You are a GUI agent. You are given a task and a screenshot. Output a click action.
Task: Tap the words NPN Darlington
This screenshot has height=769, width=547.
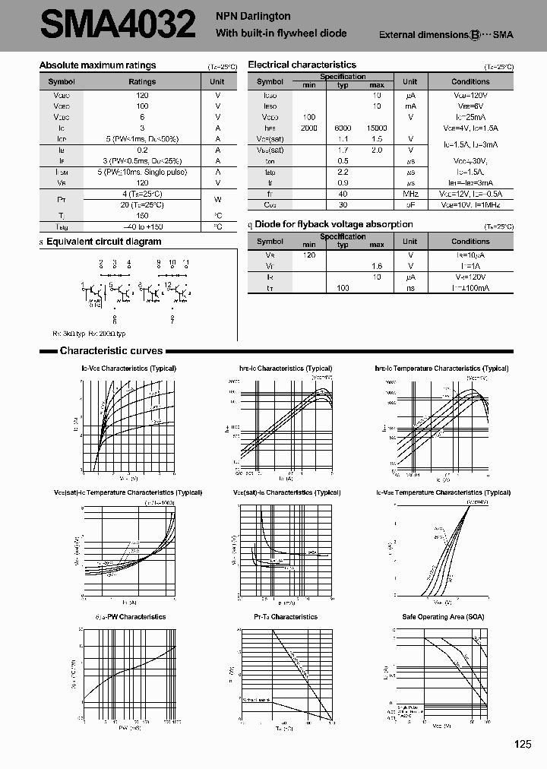pyautogui.click(x=253, y=16)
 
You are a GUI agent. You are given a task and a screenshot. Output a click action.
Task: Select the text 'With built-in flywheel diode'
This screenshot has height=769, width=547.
pyautogui.click(x=281, y=33)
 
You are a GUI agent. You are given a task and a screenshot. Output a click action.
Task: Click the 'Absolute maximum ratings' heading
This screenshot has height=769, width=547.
pyautogui.click(x=97, y=66)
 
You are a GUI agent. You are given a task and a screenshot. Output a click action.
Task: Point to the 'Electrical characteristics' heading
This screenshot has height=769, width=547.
pyautogui.click(x=302, y=65)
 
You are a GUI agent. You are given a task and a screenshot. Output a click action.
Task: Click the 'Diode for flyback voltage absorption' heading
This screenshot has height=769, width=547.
pyautogui.click(x=334, y=225)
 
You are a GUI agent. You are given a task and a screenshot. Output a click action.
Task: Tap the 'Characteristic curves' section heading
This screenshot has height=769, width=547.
pyautogui.click(x=111, y=351)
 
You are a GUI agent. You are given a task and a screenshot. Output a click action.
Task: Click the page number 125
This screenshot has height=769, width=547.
pyautogui.click(x=522, y=745)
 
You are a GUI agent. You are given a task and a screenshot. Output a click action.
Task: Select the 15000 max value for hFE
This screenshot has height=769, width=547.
pyautogui.click(x=377, y=128)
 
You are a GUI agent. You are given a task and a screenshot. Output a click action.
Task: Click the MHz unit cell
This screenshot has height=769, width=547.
pyautogui.click(x=409, y=194)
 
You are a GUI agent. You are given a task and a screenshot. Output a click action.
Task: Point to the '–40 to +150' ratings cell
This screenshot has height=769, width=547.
pyautogui.click(x=142, y=226)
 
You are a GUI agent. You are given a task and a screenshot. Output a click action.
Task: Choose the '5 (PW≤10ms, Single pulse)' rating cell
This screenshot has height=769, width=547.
pyautogui.click(x=142, y=172)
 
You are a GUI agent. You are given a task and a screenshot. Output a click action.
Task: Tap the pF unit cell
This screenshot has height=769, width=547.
pyautogui.click(x=409, y=205)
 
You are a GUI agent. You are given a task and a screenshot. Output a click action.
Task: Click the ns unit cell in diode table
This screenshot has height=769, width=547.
pyautogui.click(x=409, y=289)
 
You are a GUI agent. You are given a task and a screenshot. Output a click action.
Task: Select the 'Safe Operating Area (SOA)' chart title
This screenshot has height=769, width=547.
pyautogui.click(x=443, y=617)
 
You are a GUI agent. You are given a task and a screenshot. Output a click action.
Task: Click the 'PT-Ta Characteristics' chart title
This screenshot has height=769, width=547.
pyautogui.click(x=286, y=617)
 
